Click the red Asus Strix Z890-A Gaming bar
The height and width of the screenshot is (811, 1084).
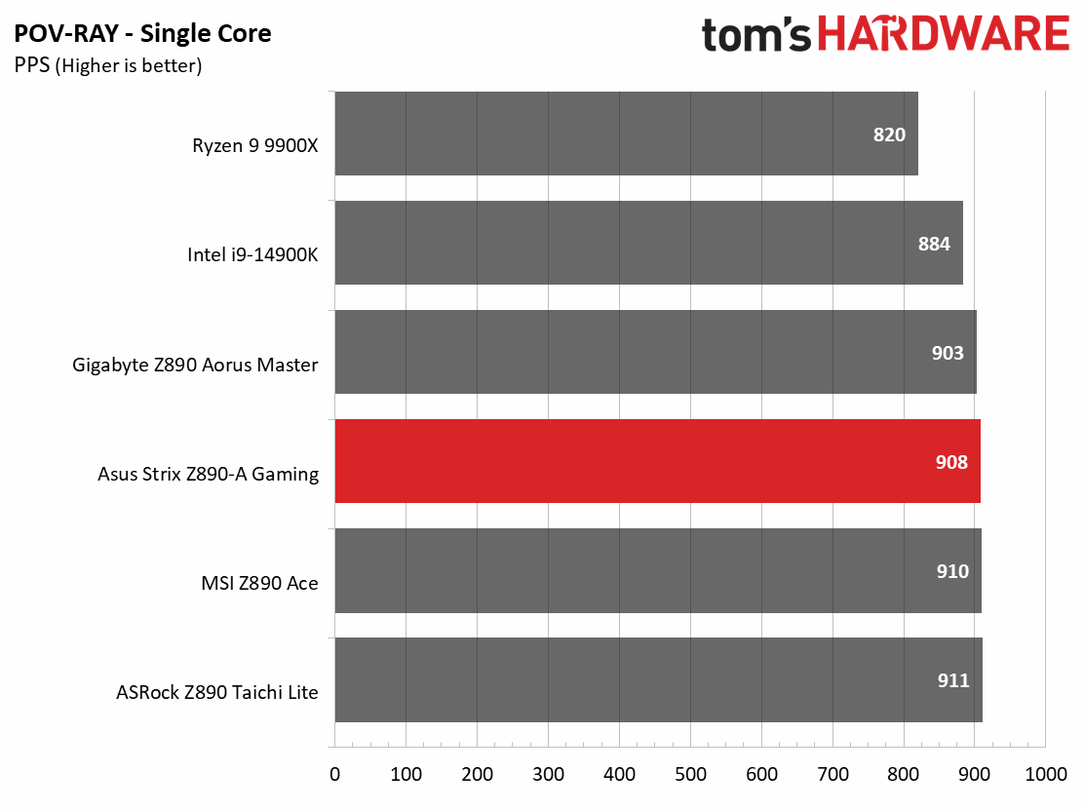click(657, 461)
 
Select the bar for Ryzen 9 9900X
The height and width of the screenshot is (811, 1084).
click(626, 134)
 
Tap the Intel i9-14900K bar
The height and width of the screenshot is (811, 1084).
click(648, 243)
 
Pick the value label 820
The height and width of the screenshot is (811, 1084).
click(889, 135)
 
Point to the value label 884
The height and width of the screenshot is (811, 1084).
click(934, 244)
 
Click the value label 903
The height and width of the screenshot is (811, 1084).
click(948, 353)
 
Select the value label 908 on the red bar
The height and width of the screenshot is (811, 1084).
click(951, 462)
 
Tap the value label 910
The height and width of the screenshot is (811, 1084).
click(952, 571)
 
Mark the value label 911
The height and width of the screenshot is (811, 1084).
click(953, 680)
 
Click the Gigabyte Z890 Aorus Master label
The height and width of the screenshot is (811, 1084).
click(195, 365)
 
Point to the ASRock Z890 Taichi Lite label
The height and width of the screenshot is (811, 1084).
click(216, 692)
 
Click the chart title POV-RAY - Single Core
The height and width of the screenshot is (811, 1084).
click(142, 34)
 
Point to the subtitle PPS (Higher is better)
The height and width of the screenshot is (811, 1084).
click(107, 66)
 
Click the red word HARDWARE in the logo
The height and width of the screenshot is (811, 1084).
click(943, 34)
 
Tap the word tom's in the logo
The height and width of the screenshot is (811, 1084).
click(755, 36)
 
